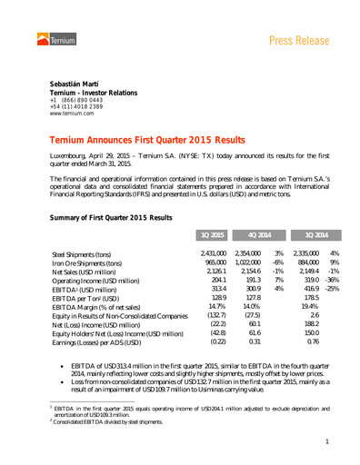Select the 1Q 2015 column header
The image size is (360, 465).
tap(212, 234)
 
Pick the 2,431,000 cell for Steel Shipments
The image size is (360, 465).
tap(213, 254)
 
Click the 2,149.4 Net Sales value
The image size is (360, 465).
tap(309, 272)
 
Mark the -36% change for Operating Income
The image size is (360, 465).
tap(333, 282)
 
